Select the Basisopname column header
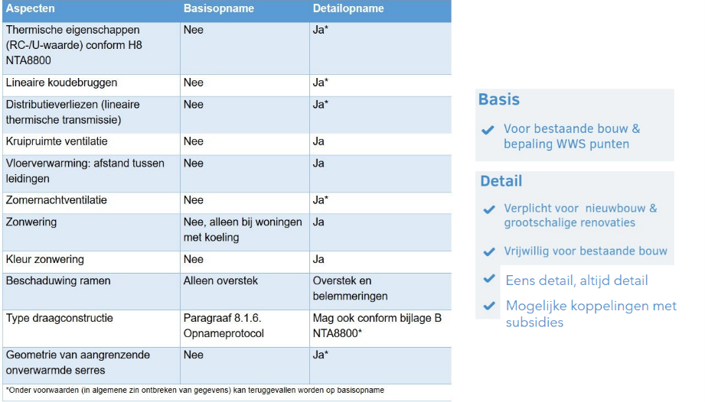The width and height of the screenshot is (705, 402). point(218,8)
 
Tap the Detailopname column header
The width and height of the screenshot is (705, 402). point(348,8)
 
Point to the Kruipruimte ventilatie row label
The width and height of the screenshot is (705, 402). point(57,141)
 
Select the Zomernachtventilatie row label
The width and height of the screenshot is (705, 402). point(57,200)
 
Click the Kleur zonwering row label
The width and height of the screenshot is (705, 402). point(45,259)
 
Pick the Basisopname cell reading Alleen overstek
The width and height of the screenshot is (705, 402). point(220,280)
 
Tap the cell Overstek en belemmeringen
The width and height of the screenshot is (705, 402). point(351,288)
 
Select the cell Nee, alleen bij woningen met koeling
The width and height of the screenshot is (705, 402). point(243,229)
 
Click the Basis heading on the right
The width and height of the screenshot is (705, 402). point(499,99)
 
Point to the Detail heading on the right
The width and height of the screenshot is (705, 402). point(501,181)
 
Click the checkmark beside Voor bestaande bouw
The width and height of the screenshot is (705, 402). point(488,131)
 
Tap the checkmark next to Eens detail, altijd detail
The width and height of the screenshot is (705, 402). point(490,280)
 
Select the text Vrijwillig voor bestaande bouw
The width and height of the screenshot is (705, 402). point(586,251)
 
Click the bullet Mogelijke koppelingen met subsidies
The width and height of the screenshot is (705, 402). point(591,314)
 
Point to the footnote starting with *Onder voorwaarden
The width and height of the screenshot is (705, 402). point(194,390)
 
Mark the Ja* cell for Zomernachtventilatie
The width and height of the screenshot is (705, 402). point(321,200)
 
